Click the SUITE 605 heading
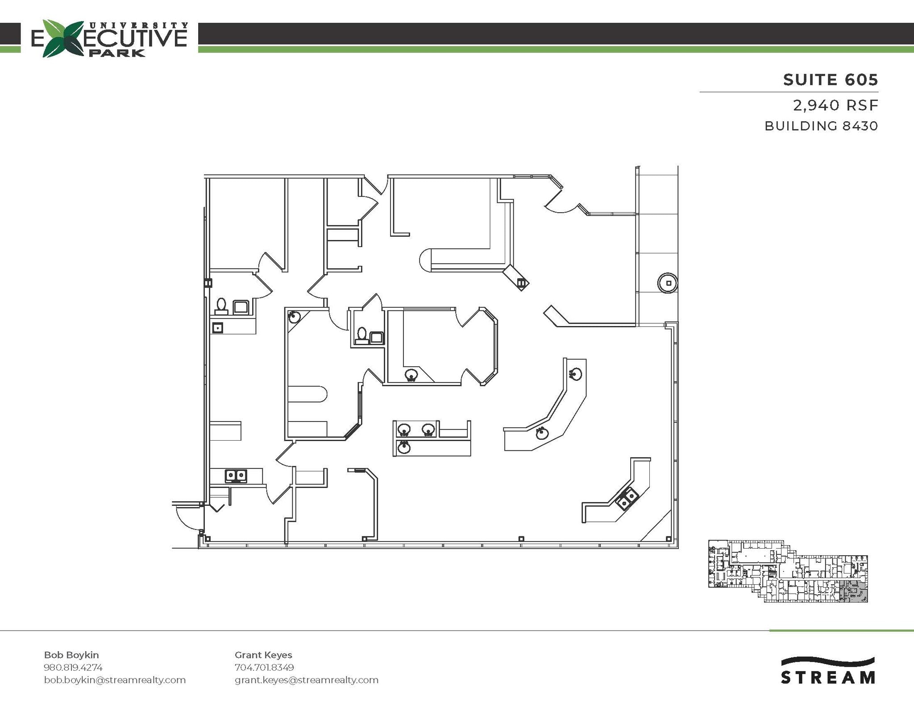(x=831, y=80)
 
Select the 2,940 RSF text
(x=835, y=106)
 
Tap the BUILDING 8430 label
(x=821, y=126)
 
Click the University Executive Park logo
(x=109, y=39)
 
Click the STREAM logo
(x=827, y=671)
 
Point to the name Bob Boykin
(x=71, y=655)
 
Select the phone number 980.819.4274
(x=73, y=667)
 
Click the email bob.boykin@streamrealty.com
(x=115, y=680)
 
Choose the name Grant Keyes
(x=263, y=655)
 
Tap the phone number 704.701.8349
(x=264, y=667)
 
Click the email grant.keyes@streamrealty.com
(x=307, y=680)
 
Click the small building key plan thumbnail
(x=788, y=571)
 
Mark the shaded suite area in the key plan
(x=853, y=592)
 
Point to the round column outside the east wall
(x=668, y=283)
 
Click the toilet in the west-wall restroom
(x=221, y=306)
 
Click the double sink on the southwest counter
(x=236, y=476)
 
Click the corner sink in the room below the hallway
(x=294, y=317)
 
